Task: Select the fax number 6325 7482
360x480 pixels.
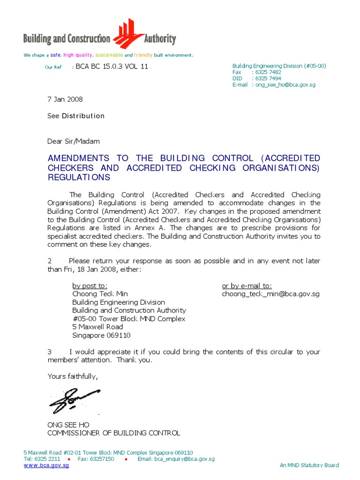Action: point(268,72)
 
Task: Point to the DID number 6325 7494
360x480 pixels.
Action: point(268,79)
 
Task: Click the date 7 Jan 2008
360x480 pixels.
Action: point(65,99)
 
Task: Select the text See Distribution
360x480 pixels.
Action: point(76,116)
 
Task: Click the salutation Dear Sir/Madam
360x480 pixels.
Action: point(74,141)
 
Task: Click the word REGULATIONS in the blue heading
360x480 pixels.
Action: point(79,178)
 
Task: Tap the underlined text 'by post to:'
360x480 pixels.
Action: point(90,285)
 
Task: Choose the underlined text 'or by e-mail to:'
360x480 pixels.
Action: point(247,285)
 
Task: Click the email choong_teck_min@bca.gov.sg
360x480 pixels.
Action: point(270,294)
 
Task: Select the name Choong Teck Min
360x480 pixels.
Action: point(100,294)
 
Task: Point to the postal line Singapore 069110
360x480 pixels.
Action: point(101,335)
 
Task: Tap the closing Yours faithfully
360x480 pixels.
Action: point(73,376)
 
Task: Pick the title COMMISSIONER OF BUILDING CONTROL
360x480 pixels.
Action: point(114,433)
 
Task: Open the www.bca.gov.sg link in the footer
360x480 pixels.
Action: point(46,465)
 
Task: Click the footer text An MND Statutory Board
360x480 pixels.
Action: point(309,465)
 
